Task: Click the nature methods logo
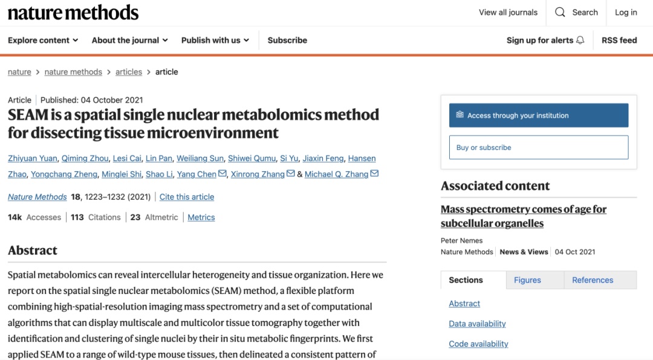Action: point(73,13)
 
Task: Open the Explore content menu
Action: point(43,41)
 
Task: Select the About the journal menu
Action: point(129,41)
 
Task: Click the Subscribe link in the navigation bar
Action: point(287,41)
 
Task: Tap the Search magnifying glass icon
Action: point(560,12)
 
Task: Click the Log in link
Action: point(626,12)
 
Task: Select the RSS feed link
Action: point(619,41)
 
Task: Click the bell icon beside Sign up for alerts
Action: point(580,41)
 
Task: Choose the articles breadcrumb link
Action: point(129,72)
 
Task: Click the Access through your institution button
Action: point(538,116)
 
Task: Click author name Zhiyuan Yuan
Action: point(33,159)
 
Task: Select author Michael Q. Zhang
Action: point(336,174)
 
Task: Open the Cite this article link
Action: point(187,197)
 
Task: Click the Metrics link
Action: point(201,217)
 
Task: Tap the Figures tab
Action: point(527,280)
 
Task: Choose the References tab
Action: point(593,280)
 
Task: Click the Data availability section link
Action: point(477,324)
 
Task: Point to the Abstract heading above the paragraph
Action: point(33,250)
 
